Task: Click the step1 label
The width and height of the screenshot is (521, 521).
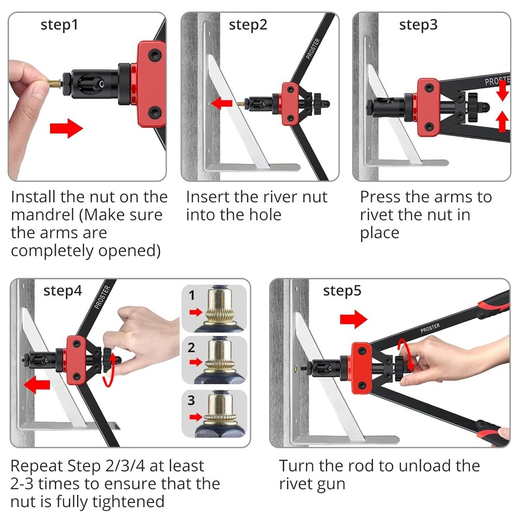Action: tap(60, 25)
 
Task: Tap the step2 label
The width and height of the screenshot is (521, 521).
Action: tap(248, 25)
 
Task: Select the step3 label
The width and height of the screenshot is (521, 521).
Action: tap(418, 25)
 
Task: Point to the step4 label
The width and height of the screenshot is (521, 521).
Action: tap(63, 291)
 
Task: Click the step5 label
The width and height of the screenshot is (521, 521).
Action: tap(342, 291)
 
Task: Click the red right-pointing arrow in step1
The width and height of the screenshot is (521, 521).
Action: tap(66, 129)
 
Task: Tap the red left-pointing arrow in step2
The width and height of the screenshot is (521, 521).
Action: tap(221, 103)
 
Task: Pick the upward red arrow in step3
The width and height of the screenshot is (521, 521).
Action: tap(503, 121)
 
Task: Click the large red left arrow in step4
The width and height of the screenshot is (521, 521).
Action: tap(36, 386)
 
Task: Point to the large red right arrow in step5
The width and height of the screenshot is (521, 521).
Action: tap(353, 320)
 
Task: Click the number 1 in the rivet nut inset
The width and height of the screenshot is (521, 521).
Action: tap(191, 296)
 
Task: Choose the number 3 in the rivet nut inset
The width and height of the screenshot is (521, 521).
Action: tap(191, 401)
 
